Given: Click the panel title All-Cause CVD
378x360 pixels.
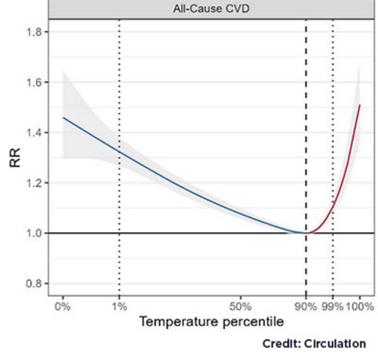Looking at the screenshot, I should point(211,9).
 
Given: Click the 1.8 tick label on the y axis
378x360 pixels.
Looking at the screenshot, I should point(35,32).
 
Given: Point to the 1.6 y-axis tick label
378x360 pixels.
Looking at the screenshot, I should point(35,82).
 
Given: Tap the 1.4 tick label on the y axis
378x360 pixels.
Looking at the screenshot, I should point(35,133).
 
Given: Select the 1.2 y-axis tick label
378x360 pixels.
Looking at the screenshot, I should point(35,183).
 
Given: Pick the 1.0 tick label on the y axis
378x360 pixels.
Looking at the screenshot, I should point(35,233).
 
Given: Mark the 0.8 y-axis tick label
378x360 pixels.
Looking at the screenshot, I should point(35,283).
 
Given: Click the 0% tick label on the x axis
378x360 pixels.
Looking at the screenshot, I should point(63,306).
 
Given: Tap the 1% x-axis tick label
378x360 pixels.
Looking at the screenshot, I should point(119,306).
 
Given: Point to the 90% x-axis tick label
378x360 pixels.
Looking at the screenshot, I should point(306,306).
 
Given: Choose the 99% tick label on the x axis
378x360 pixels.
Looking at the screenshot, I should point(333,306).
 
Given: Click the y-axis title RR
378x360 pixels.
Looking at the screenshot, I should point(15,159).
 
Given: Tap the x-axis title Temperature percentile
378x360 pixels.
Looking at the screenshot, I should point(211,323).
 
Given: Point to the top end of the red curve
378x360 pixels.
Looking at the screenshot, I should point(360,105).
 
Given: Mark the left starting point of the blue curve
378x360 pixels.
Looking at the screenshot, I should point(63,118).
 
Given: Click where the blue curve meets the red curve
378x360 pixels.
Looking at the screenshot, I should point(306,233).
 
